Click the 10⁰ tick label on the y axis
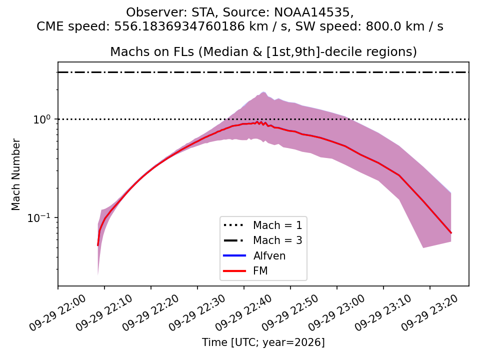pyautogui.click(x=42, y=119)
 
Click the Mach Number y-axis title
pyautogui.click(x=15, y=174)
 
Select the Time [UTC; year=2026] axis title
pyautogui.click(x=263, y=342)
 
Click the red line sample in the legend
pyautogui.click(x=234, y=271)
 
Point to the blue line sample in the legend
pyautogui.click(x=234, y=255)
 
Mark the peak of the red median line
pyautogui.click(x=257, y=122)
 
